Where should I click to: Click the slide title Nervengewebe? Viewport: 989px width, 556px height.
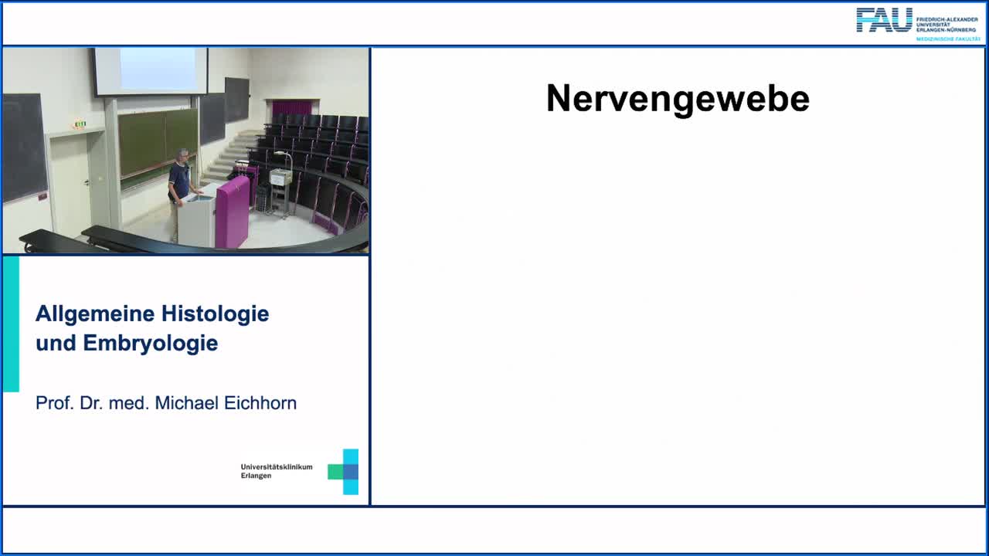678,100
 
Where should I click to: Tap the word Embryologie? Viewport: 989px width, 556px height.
151,344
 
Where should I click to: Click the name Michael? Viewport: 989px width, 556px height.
185,403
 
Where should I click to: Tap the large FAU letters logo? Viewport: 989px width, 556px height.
884,20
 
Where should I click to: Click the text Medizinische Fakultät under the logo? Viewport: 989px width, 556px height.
948,38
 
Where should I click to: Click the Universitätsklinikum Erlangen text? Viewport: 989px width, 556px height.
276,471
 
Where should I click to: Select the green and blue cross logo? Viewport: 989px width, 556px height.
344,471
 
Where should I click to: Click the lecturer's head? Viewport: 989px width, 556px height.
183,155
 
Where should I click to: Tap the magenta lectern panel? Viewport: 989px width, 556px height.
233,212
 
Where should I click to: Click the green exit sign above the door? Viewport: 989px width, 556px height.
79,124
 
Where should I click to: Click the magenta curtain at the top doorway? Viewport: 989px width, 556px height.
291,107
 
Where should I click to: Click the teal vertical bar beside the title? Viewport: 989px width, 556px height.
11,324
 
